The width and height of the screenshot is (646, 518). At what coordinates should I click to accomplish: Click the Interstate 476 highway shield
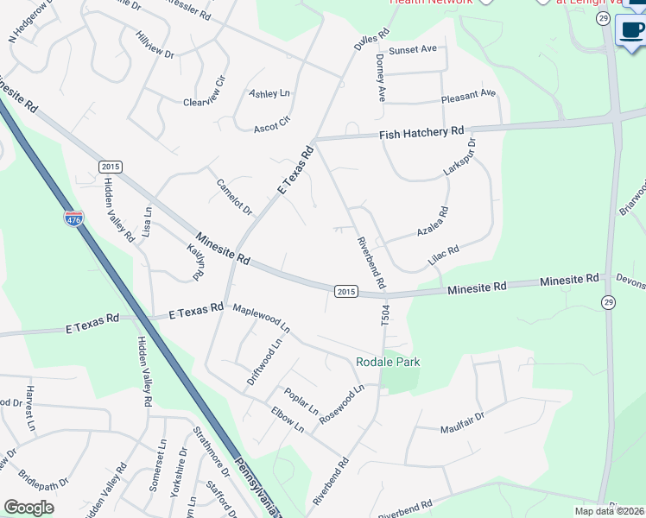click(x=73, y=219)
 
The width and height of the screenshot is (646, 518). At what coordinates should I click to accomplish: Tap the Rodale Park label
click(x=388, y=362)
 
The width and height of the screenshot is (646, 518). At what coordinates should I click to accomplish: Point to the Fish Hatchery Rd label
click(x=422, y=132)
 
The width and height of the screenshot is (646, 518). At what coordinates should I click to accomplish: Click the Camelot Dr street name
click(x=234, y=197)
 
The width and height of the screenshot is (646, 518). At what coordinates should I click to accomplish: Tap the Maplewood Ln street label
click(x=262, y=317)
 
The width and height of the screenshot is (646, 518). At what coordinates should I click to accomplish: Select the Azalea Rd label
click(x=433, y=222)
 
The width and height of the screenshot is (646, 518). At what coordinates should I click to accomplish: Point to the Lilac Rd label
click(x=443, y=255)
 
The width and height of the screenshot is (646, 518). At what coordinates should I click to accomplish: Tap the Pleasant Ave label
click(x=468, y=93)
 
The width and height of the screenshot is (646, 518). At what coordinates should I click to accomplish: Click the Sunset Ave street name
click(x=412, y=50)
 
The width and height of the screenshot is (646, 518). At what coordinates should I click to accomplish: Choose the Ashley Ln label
click(x=269, y=93)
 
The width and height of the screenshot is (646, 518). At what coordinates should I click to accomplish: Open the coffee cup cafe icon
click(x=632, y=29)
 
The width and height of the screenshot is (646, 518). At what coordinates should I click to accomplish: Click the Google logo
click(x=29, y=508)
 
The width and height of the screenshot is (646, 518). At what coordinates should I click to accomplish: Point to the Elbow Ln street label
click(x=288, y=420)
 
